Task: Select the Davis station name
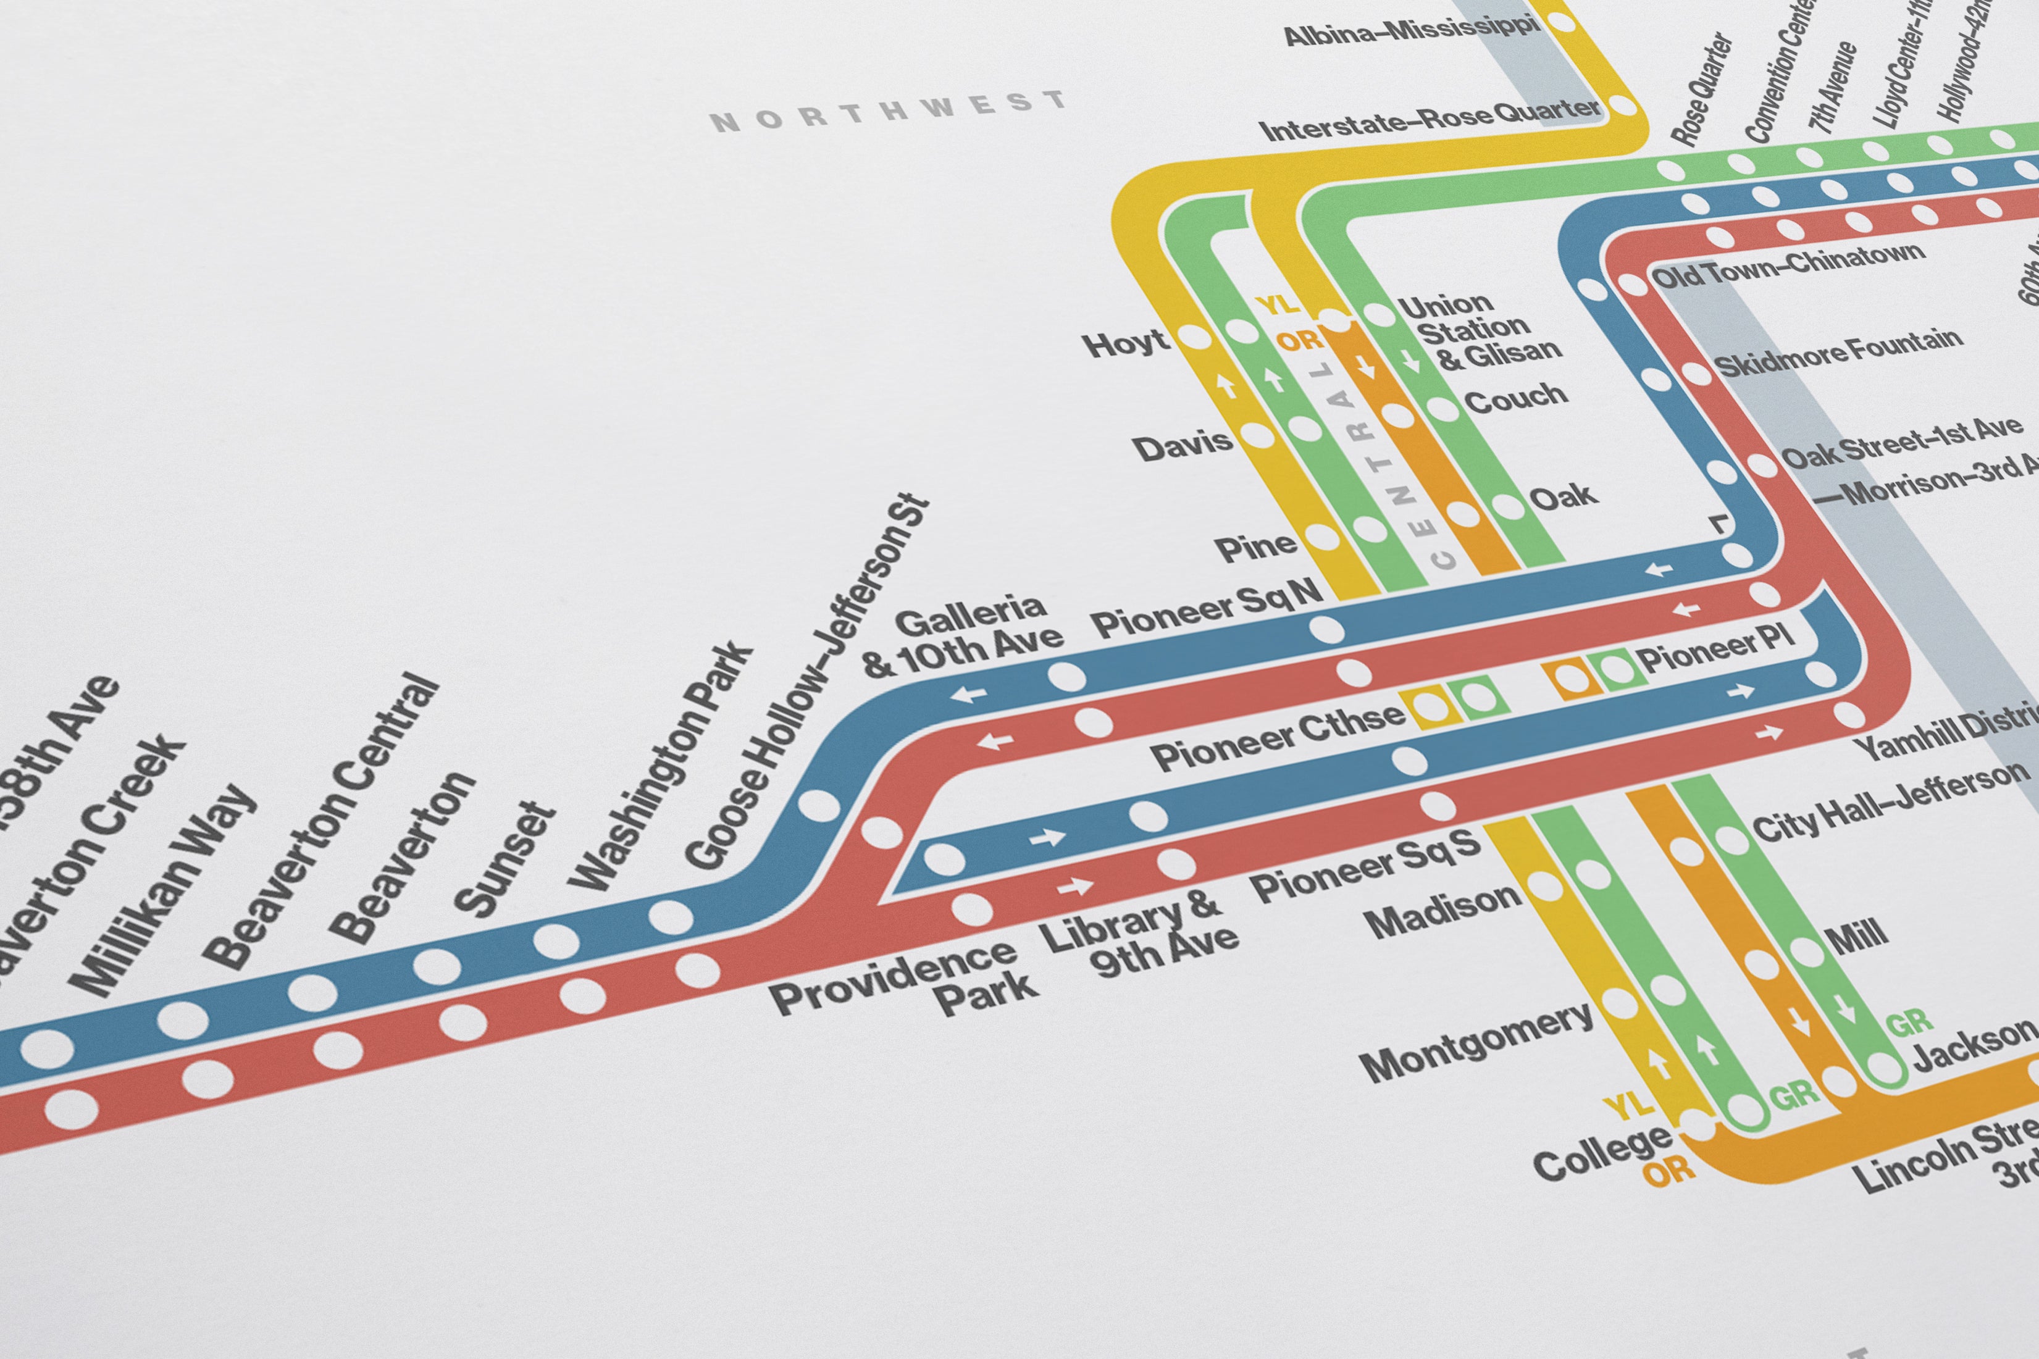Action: (x=1182, y=446)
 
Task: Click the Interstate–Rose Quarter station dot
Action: (x=1622, y=107)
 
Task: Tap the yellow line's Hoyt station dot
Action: (x=1195, y=338)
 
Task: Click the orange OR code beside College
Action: (x=1668, y=1170)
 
